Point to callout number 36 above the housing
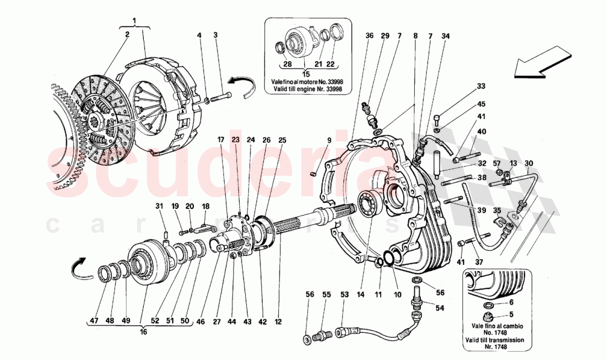pos(370,36)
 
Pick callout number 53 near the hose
pos(345,295)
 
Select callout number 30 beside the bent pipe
pos(529,163)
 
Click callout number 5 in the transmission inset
pos(511,315)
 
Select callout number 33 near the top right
pos(481,87)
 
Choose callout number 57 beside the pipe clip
pos(496,163)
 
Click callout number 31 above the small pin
pos(159,207)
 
